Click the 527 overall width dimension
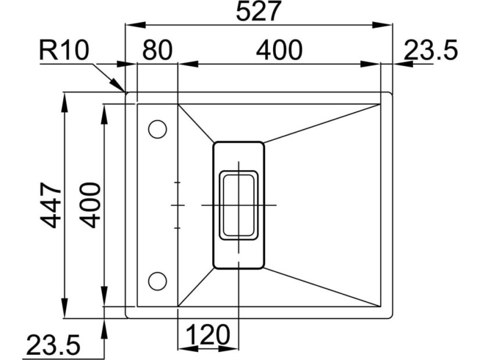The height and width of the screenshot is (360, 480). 259,11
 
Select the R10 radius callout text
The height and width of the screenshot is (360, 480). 64,50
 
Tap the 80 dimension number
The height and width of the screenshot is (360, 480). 157,50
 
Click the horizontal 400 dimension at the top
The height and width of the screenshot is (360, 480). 279,50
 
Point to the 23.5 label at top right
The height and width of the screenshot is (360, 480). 431,50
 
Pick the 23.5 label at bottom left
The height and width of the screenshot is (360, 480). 53,345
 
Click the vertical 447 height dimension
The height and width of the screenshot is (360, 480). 51,205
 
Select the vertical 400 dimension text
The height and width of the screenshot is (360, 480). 91,205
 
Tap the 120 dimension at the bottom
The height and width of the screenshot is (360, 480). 208,334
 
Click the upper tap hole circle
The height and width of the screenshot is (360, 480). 157,129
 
